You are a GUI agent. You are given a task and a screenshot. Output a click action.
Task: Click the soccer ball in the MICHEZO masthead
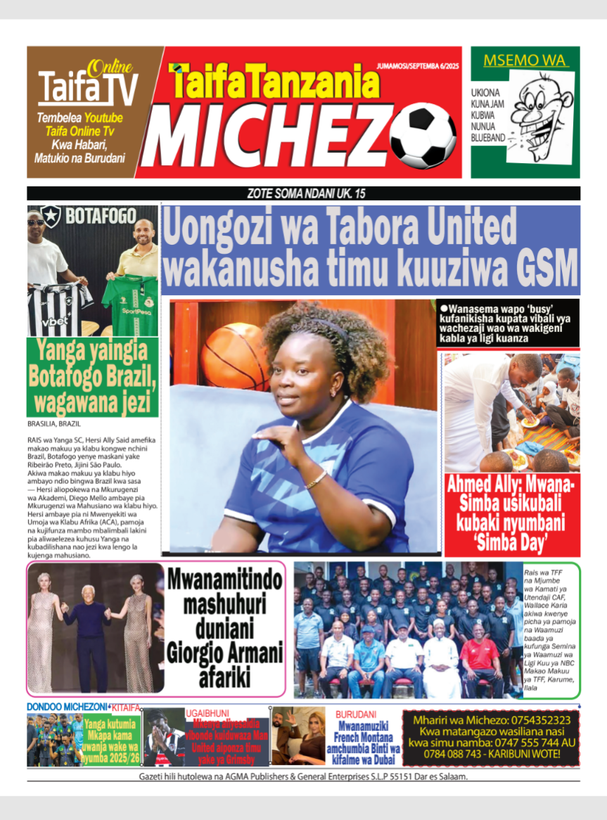pos(423,135)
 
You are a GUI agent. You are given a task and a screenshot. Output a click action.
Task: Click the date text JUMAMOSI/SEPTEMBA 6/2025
pos(418,64)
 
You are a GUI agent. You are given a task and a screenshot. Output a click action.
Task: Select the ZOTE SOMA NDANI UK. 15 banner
pos(303,193)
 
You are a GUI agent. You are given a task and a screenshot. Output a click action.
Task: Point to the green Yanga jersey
pos(130,305)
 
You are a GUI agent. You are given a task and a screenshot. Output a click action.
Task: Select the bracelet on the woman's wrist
pos(317,480)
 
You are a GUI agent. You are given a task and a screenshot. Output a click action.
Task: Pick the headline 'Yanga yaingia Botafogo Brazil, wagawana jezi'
pos(92,377)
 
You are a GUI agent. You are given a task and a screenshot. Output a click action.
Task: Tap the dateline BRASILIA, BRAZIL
pos(55,424)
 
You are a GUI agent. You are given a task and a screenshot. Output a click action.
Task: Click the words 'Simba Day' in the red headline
pos(512,544)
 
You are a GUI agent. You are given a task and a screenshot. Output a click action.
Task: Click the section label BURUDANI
pos(356,713)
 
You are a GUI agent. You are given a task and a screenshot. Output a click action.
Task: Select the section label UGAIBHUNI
pos(207,712)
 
